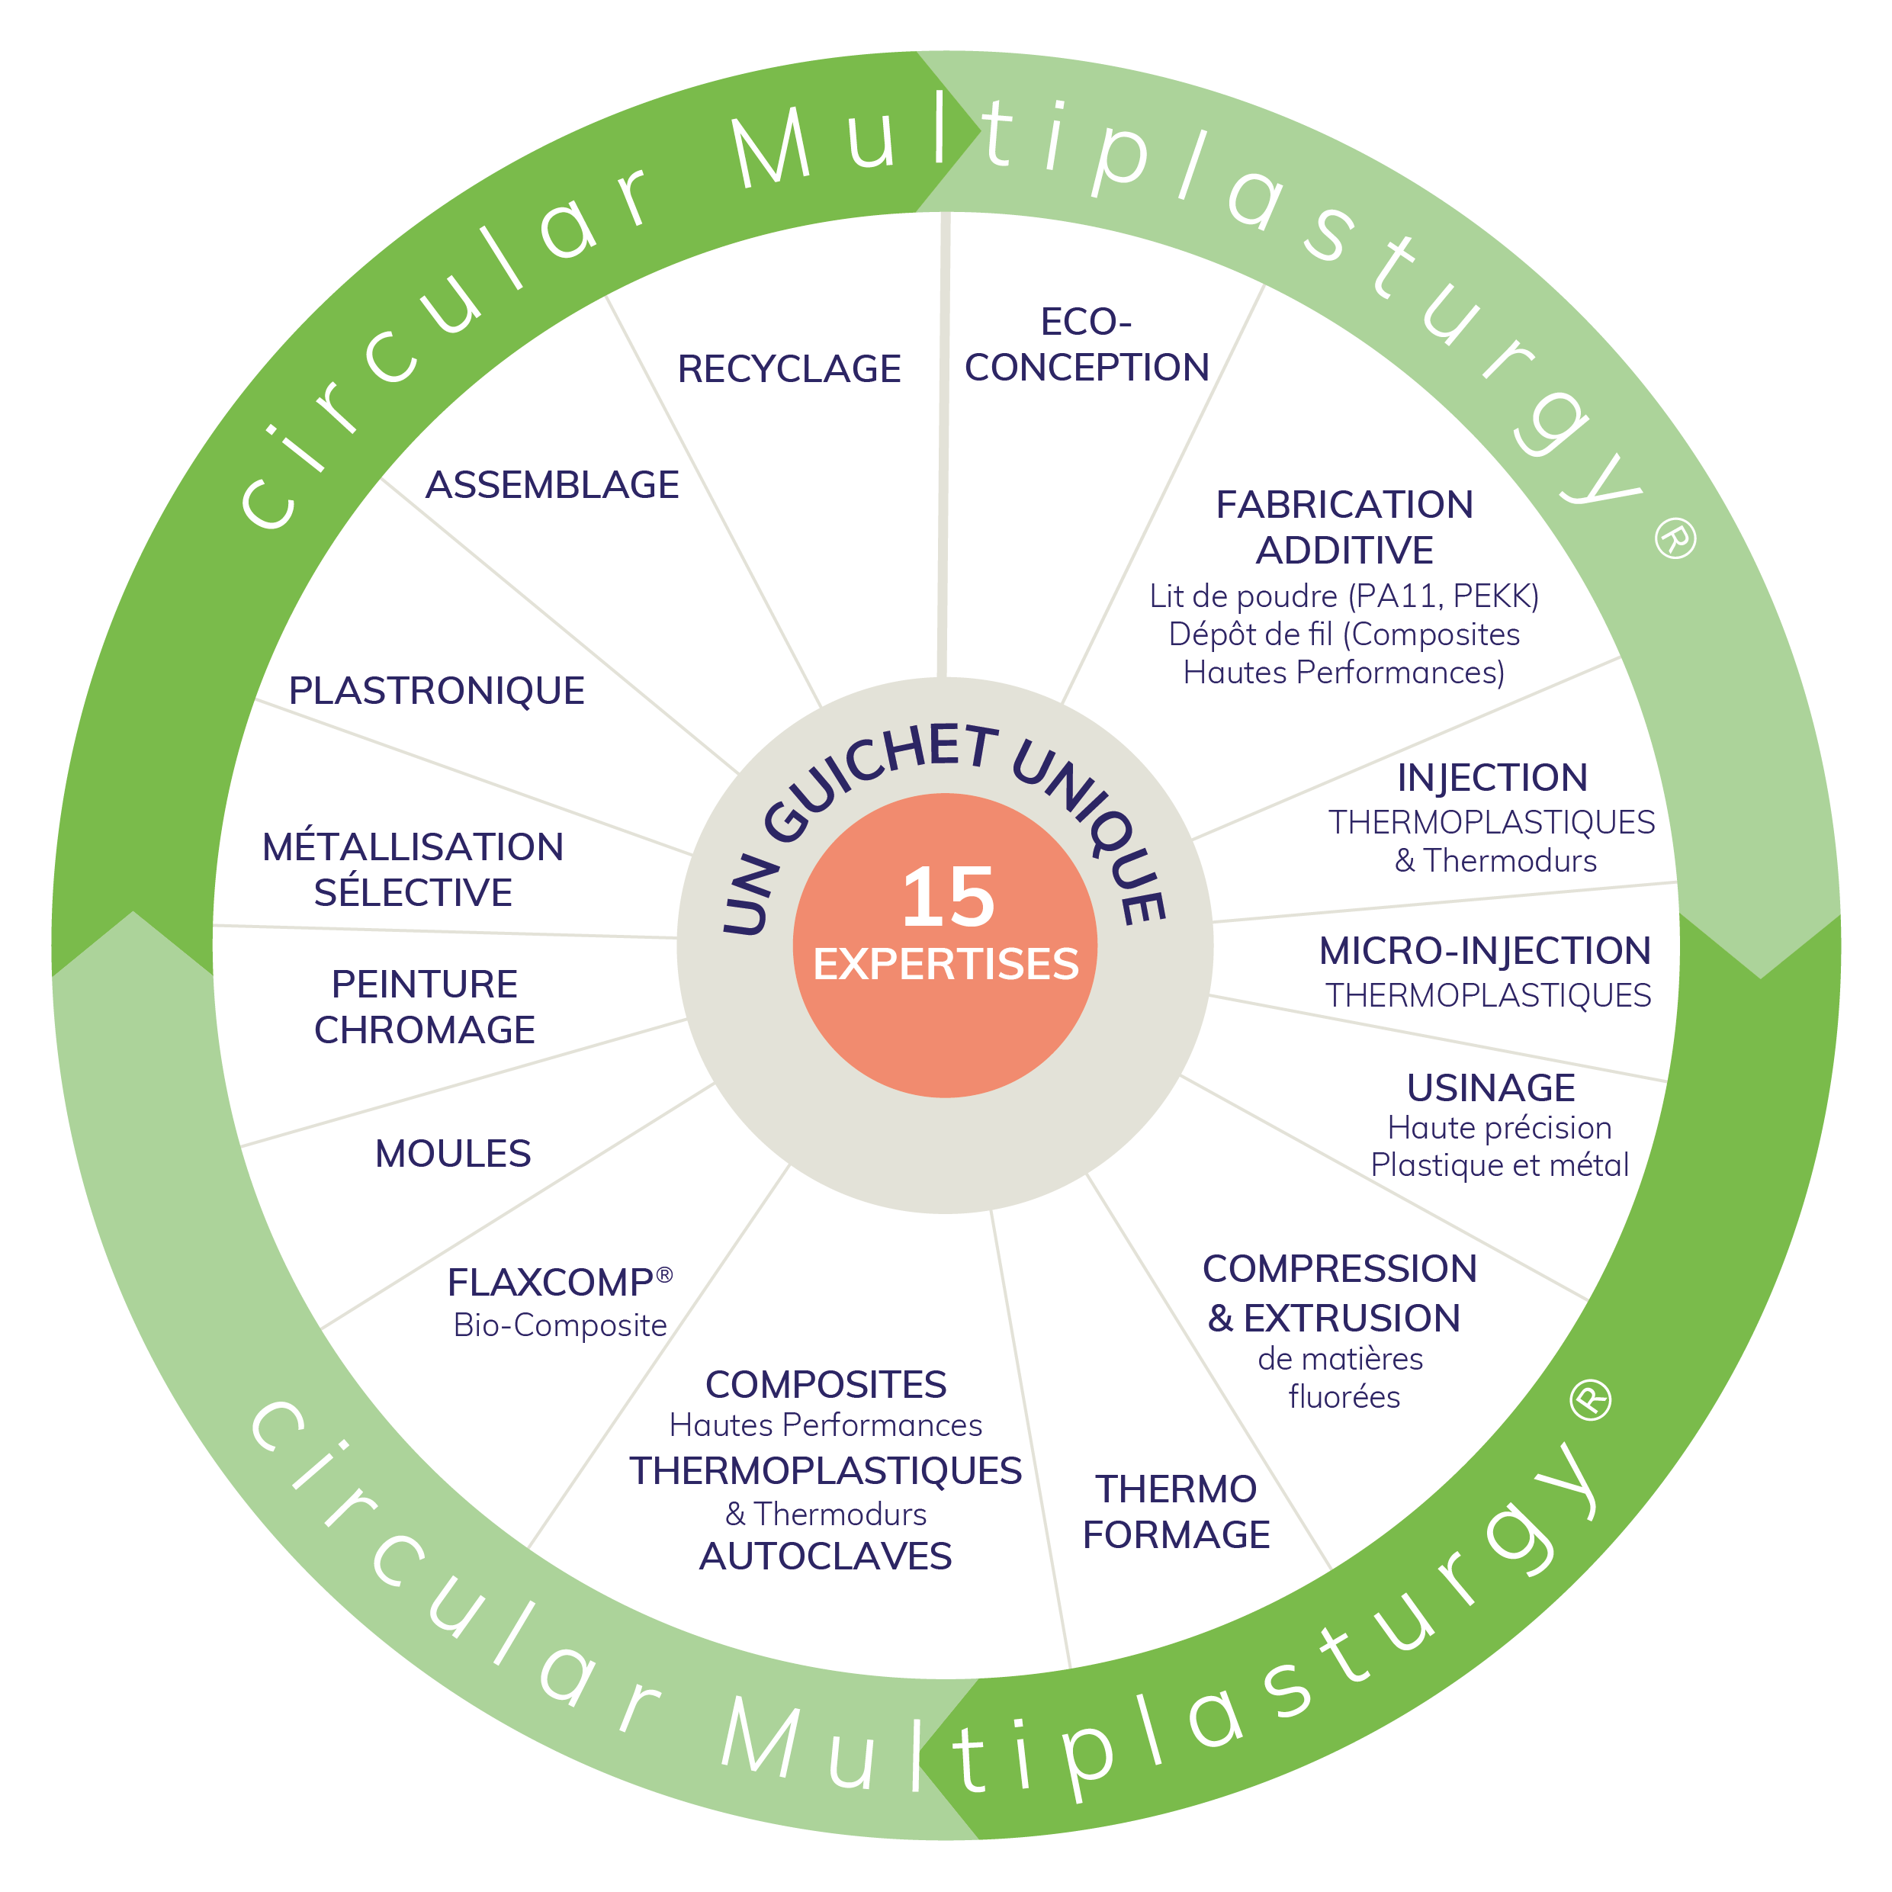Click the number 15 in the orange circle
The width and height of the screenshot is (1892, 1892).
pyautogui.click(x=948, y=897)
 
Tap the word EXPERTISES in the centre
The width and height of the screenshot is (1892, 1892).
pyautogui.click(x=946, y=965)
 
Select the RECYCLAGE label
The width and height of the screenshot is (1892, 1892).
pyautogui.click(x=789, y=369)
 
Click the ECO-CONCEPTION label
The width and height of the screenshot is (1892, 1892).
pyautogui.click(x=1087, y=345)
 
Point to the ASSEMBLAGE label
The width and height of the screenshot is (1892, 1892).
pyautogui.click(x=552, y=485)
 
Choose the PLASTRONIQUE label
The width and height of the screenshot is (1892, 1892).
pyautogui.click(x=437, y=690)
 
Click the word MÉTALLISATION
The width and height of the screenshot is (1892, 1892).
pyautogui.click(x=413, y=847)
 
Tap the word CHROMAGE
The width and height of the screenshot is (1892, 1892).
pyautogui.click(x=425, y=1030)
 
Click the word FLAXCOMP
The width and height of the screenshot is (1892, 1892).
pyautogui.click(x=551, y=1282)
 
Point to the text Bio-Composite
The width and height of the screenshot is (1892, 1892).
pyautogui.click(x=561, y=1325)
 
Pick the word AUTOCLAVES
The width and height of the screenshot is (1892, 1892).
pyautogui.click(x=826, y=1556)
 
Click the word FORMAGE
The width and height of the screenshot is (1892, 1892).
pyautogui.click(x=1176, y=1534)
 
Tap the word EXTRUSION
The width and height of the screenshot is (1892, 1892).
pyautogui.click(x=1352, y=1318)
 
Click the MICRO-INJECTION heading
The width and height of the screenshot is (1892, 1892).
pyautogui.click(x=1486, y=951)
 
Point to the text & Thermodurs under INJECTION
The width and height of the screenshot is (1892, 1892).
pyautogui.click(x=1495, y=861)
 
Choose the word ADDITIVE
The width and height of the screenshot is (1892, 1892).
pyautogui.click(x=1344, y=551)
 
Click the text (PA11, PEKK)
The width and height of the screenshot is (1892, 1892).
pyautogui.click(x=1444, y=596)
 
